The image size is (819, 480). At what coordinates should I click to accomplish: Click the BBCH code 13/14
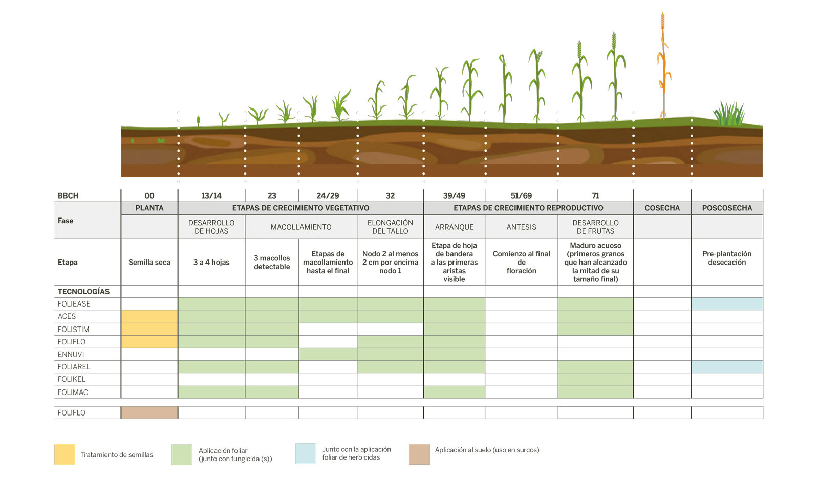[x=211, y=195]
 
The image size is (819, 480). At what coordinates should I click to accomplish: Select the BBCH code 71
[x=595, y=195]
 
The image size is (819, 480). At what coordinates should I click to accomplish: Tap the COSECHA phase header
[x=662, y=208]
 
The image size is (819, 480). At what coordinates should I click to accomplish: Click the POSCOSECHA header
[x=727, y=208]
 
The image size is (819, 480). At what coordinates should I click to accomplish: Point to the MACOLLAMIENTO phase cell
[x=301, y=227]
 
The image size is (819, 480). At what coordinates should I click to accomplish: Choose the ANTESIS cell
[x=521, y=227]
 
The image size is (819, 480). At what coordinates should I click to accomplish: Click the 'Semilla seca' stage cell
[x=149, y=262]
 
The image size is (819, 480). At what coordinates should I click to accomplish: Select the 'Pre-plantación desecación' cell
[x=727, y=258]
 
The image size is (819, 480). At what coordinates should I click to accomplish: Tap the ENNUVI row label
[x=71, y=354]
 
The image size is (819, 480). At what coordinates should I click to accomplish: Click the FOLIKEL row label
[x=72, y=379]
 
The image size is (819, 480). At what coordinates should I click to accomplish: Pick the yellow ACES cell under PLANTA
[x=149, y=316]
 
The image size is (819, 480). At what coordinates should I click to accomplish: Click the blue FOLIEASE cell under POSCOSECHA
[x=727, y=303]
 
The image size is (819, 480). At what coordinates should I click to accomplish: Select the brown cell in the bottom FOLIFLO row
[x=149, y=412]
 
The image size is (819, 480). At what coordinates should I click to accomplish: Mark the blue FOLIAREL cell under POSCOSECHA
[x=727, y=366]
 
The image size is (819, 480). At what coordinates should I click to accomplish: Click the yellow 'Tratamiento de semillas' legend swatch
[x=64, y=454]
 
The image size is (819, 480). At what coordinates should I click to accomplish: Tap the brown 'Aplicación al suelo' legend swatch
[x=419, y=454]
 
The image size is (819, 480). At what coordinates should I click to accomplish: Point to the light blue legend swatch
[x=306, y=453]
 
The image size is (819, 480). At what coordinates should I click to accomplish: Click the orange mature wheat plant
[x=663, y=67]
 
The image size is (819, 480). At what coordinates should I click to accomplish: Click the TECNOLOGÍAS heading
[x=83, y=291]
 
